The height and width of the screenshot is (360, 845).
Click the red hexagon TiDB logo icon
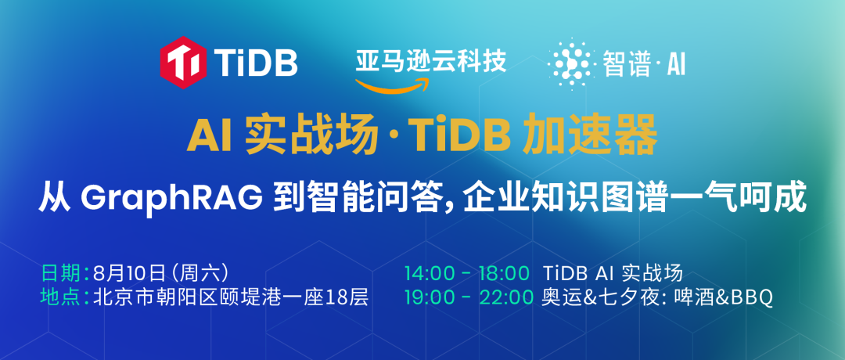[183, 63]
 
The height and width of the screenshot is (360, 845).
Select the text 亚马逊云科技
[430, 61]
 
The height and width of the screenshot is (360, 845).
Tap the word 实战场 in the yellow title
[311, 139]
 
